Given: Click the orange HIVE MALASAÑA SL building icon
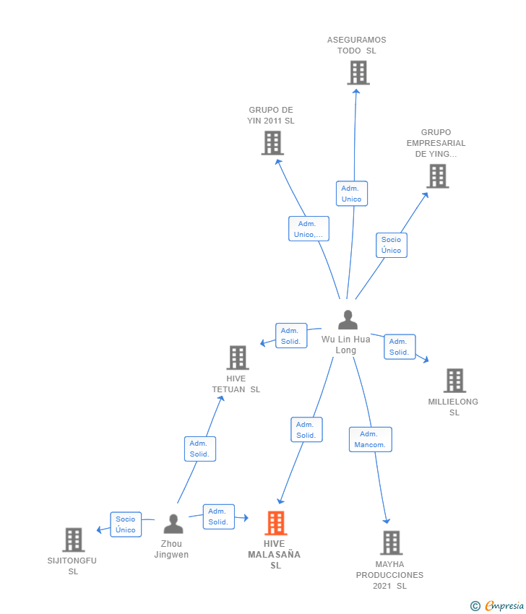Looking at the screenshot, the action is [276, 523].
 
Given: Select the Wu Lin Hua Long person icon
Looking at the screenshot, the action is [348, 319].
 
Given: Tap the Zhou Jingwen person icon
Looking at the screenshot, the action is [173, 524].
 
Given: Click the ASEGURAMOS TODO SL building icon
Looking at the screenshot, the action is [358, 73].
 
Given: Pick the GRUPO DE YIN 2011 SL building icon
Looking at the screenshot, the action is [272, 143].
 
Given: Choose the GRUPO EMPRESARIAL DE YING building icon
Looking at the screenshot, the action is [438, 176].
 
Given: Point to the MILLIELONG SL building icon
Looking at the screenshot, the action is [454, 380].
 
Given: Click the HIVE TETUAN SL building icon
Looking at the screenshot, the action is [238, 358].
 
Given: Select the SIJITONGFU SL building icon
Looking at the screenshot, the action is [74, 540].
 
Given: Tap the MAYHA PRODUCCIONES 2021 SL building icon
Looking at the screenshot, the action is [392, 542].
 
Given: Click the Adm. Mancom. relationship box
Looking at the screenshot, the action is [371, 439].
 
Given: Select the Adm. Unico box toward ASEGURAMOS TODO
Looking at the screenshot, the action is [352, 194].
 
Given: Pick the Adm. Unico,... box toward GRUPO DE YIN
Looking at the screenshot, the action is [309, 229].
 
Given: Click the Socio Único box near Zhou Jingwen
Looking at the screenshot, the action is [126, 524].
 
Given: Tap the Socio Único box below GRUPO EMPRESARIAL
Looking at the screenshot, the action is [392, 245].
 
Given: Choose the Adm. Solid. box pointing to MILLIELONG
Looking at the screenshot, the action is [400, 347].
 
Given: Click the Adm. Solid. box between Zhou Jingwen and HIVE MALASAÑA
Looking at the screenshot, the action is [218, 517].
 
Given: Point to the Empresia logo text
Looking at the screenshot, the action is [504, 606].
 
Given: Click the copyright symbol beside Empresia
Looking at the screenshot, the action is [475, 606].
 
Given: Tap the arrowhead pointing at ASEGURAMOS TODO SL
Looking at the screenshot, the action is [356, 91].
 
